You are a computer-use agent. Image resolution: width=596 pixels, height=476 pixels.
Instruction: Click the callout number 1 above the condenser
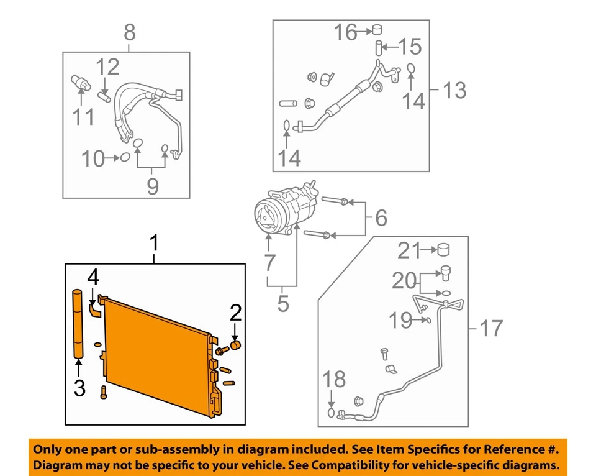pyautogui.click(x=155, y=244)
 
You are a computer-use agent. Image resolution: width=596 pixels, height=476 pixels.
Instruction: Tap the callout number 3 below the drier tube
pyautogui.click(x=79, y=388)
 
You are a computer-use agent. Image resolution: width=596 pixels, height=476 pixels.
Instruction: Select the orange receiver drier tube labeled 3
pyautogui.click(x=78, y=324)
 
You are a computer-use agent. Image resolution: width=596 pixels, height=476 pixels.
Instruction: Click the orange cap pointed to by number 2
pyautogui.click(x=235, y=346)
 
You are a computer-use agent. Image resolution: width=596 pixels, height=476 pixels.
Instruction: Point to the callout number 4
pyautogui.click(x=92, y=277)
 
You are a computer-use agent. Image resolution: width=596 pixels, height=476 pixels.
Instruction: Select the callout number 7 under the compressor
pyautogui.click(x=269, y=263)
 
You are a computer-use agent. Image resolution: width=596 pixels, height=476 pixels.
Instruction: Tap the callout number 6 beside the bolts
pyautogui.click(x=380, y=217)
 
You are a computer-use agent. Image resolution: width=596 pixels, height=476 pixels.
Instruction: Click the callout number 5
pyautogui.click(x=283, y=304)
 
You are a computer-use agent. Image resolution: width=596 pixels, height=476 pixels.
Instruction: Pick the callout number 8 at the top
pyautogui.click(x=129, y=31)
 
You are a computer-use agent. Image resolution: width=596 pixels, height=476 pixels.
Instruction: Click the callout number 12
pyautogui.click(x=107, y=66)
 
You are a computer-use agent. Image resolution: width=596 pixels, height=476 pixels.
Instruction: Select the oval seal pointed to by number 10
pyautogui.click(x=124, y=158)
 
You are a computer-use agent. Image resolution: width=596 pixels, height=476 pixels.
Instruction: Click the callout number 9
pyautogui.click(x=152, y=186)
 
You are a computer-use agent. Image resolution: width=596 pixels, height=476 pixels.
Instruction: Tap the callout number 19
pyautogui.click(x=400, y=321)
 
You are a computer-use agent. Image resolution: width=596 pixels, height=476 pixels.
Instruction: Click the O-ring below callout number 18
pyautogui.click(x=332, y=413)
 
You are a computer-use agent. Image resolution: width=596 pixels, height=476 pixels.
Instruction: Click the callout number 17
pyautogui.click(x=490, y=327)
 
